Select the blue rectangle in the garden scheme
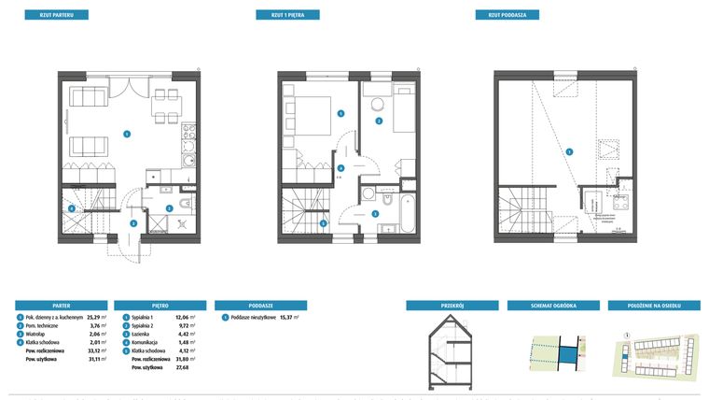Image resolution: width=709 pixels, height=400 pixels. [566, 354]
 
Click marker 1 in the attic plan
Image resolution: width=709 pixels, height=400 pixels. [569, 151]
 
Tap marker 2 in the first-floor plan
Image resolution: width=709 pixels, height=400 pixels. [380, 121]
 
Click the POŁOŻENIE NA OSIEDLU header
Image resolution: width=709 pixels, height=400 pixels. [653, 305]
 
